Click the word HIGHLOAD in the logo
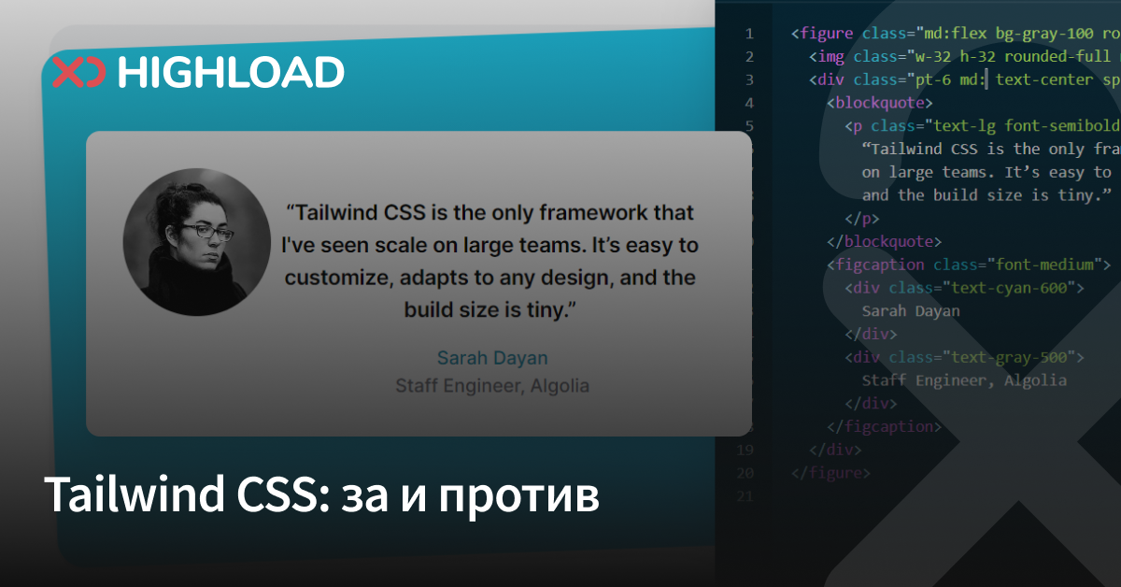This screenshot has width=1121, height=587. click(232, 72)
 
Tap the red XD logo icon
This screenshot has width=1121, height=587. click(78, 72)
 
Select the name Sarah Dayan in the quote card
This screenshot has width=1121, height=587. click(492, 358)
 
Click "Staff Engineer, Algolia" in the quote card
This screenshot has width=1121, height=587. click(492, 385)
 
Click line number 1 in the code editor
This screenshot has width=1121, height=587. click(748, 34)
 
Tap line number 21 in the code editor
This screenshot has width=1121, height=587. click(745, 496)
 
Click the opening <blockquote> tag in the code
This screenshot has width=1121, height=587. click(880, 103)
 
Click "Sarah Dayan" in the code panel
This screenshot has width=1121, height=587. click(911, 311)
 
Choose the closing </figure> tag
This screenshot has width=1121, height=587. click(830, 473)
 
